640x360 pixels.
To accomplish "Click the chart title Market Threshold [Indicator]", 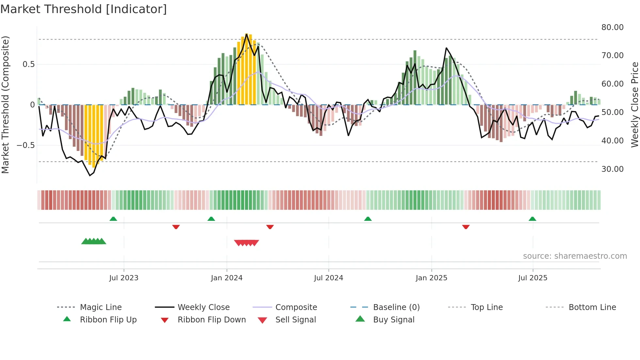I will tap(84, 9).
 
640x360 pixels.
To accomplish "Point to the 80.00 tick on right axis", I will tap(612, 27).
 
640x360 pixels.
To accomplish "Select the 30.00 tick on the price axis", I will tap(612, 169).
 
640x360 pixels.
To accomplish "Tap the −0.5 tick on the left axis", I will tap(25, 145).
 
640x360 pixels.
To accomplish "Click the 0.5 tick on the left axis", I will tap(28, 64).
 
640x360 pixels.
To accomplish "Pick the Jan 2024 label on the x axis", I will tap(227, 278).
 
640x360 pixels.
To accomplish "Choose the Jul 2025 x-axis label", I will tap(533, 278).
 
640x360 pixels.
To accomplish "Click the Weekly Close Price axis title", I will tap(634, 105).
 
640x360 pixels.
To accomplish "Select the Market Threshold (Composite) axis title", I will tap(5, 105).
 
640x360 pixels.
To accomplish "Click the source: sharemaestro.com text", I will tap(575, 256).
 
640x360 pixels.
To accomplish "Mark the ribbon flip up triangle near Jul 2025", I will tap(532, 219).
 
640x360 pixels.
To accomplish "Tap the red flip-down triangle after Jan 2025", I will tap(466, 227).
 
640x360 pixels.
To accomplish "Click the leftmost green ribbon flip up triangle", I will tap(113, 219).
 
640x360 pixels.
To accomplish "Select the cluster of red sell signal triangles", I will tap(247, 243).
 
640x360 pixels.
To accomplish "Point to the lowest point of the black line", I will tap(90, 176).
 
